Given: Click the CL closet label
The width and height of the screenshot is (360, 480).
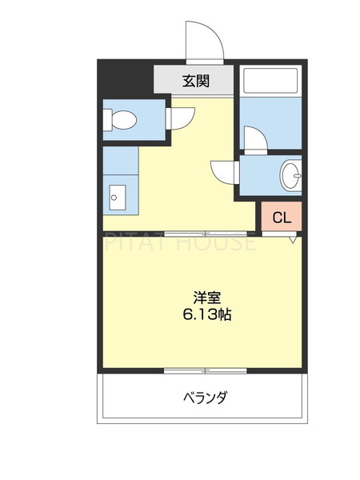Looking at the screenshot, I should [282, 217].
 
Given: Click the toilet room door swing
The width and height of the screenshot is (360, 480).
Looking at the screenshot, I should [181, 118].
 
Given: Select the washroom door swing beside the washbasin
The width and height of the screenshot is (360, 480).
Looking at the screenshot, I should [223, 172].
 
